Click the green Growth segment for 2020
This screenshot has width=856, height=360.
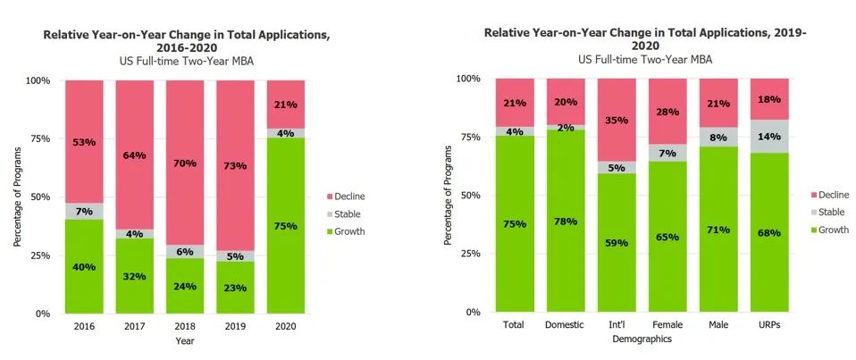(286, 226)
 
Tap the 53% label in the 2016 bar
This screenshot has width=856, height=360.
(85, 142)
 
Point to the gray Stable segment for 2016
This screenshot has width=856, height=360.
(85, 211)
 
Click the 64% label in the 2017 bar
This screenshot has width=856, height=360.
(135, 155)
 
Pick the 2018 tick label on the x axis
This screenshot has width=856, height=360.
(186, 327)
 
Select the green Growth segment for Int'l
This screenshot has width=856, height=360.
(617, 243)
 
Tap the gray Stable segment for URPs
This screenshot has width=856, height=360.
(769, 137)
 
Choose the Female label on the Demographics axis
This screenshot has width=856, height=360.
(667, 325)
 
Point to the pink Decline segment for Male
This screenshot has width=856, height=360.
(718, 103)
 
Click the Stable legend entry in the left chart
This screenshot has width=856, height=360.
(348, 214)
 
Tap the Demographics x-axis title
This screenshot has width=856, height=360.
(642, 339)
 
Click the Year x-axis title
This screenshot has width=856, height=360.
(186, 340)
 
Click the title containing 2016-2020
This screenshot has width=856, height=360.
(186, 41)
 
